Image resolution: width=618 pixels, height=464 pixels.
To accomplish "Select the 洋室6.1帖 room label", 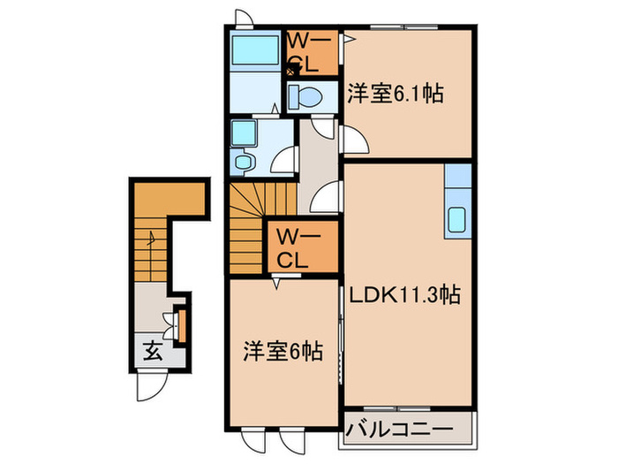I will [x=394, y=93].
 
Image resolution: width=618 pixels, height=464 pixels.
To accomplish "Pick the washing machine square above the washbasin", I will [x=242, y=133].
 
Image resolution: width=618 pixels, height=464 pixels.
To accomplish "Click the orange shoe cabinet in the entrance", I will [x=181, y=323].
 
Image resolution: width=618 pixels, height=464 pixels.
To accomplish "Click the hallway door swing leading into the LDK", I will [x=327, y=196].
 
